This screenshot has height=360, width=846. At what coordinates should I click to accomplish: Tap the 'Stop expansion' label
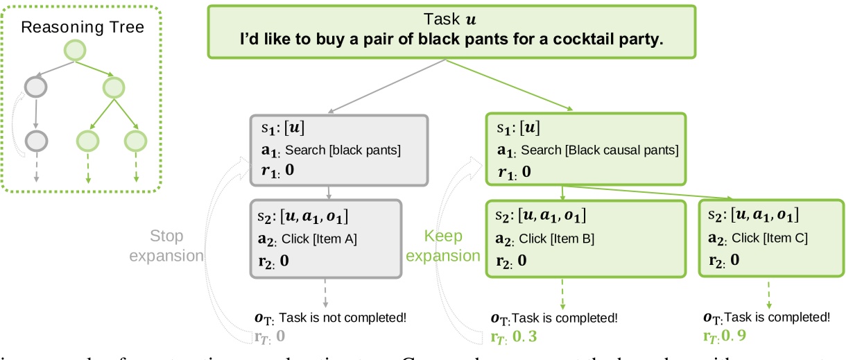(x=166, y=246)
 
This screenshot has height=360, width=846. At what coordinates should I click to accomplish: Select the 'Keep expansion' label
(x=442, y=246)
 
